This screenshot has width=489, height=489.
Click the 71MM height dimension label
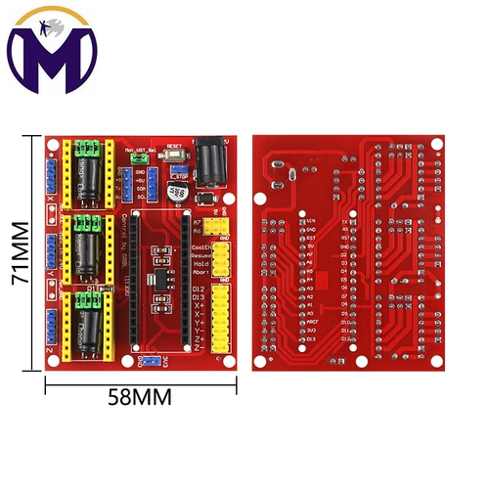pyautogui.click(x=17, y=252)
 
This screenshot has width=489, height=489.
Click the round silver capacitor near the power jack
pyautogui.click(x=180, y=191)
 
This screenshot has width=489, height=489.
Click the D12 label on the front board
pyautogui.click(x=199, y=290)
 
